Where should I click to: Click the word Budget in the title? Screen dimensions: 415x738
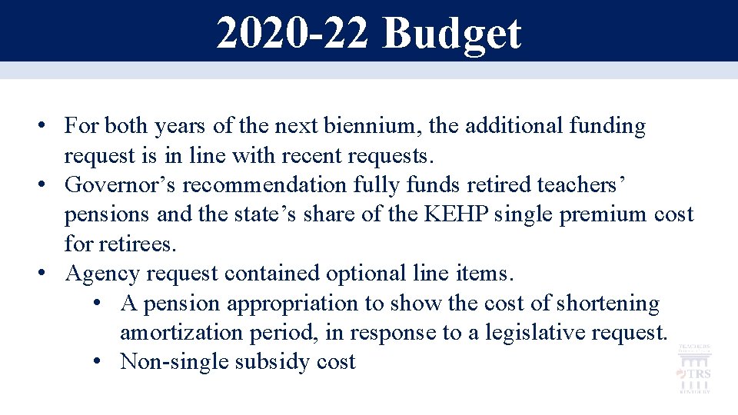tap(452, 33)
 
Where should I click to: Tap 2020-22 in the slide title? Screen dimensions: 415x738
tap(292, 33)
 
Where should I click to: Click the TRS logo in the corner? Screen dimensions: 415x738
tap(694, 370)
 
